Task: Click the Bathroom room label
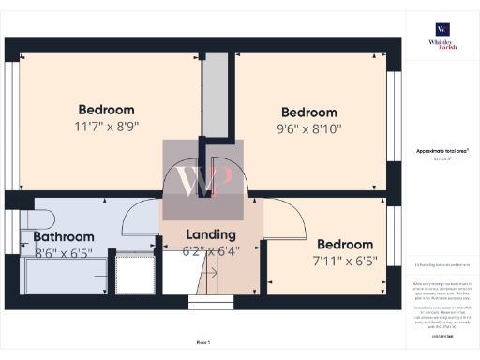pyautogui.click(x=64, y=237)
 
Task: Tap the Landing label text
pyautogui.click(x=211, y=234)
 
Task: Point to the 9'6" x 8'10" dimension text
pyautogui.click(x=309, y=128)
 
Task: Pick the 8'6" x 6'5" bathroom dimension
pyautogui.click(x=65, y=252)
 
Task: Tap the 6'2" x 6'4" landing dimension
pyautogui.click(x=211, y=250)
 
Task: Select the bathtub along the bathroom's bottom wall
pyautogui.click(x=66, y=275)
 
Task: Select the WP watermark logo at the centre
pyautogui.click(x=203, y=180)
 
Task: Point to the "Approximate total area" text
pyautogui.click(x=442, y=151)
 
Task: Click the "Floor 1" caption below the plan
pyautogui.click(x=203, y=342)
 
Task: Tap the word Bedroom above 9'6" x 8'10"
pyautogui.click(x=309, y=112)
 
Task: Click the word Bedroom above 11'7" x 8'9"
pyautogui.click(x=106, y=110)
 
